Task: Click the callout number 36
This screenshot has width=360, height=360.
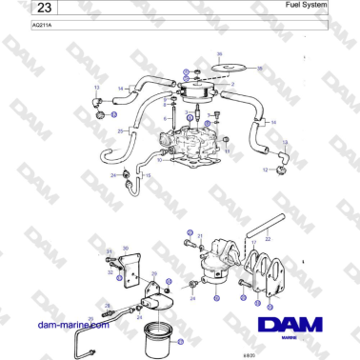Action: click(219, 54)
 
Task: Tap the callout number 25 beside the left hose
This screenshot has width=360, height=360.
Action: click(119, 130)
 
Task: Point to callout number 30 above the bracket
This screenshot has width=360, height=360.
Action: click(111, 246)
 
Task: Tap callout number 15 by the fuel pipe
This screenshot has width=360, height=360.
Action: click(148, 176)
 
